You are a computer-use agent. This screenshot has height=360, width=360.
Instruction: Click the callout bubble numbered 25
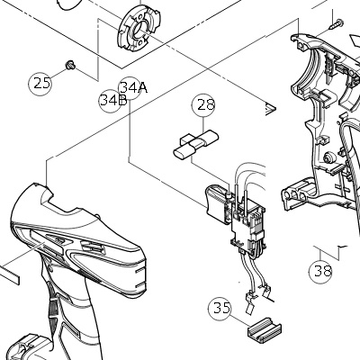pos(40,83)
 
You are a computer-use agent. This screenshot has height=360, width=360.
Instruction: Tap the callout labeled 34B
pos(111,101)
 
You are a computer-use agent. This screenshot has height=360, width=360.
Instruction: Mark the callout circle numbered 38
pos(320,271)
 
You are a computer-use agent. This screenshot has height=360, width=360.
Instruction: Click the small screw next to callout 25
pos(71,65)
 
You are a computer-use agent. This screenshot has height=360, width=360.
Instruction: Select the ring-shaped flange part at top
pos(139,28)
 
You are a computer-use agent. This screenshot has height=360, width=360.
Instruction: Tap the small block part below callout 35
pos(265,330)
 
